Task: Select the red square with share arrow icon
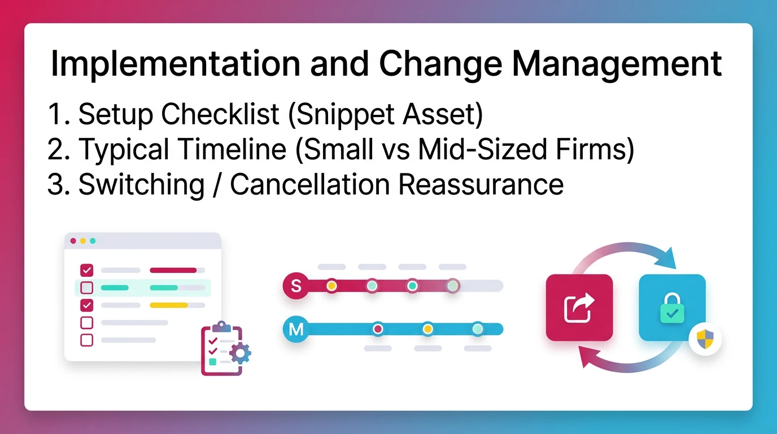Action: tap(579, 307)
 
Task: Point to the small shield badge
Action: tap(705, 340)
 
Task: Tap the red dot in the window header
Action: tap(73, 241)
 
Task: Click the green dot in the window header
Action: tap(93, 241)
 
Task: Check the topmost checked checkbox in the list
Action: tap(87, 270)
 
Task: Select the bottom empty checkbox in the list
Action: tap(87, 340)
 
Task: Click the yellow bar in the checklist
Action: tap(168, 305)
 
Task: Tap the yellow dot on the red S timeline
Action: tap(331, 286)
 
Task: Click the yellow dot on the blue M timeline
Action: tap(428, 329)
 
